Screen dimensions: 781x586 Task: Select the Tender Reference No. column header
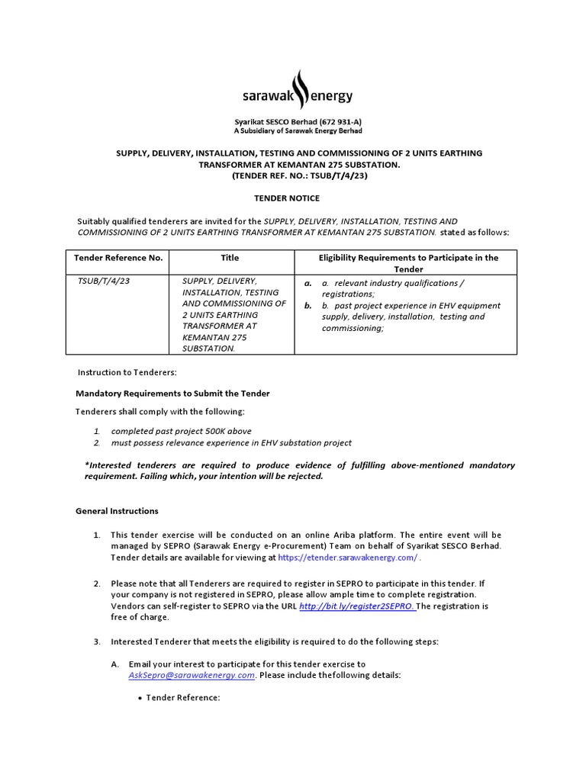pyautogui.click(x=118, y=258)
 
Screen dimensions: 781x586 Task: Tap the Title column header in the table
pyautogui.click(x=230, y=258)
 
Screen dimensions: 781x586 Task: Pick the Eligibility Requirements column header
pyautogui.click(x=408, y=263)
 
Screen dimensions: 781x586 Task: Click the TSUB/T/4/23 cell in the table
pyautogui.click(x=104, y=281)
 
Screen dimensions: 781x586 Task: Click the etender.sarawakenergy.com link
pyautogui.click(x=348, y=558)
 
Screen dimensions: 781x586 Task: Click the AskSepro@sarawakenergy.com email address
pyautogui.click(x=192, y=676)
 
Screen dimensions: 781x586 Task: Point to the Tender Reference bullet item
pyautogui.click(x=183, y=697)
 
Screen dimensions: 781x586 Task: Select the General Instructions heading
pyautogui.click(x=117, y=511)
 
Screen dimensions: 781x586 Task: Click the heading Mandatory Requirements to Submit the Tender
pyautogui.click(x=172, y=394)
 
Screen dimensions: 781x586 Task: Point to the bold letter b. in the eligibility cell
pyautogui.click(x=308, y=305)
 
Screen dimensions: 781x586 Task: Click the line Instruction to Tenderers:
pyautogui.click(x=127, y=372)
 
